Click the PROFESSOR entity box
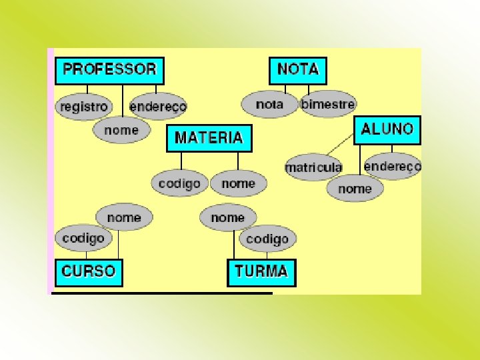109,69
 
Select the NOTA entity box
297,69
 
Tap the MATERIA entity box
209,138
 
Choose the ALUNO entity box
387,129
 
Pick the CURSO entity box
89,272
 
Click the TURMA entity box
261,272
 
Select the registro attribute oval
83,107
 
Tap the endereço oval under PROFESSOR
158,107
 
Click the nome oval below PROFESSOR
121,130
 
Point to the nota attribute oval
269,104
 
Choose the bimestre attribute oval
328,104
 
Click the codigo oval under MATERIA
179,183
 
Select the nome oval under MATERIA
238,183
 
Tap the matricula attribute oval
313,167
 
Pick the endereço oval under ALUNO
393,166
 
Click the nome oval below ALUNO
355,189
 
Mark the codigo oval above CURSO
83,238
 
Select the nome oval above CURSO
124,217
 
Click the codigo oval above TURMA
267,239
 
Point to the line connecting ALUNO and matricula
340,144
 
